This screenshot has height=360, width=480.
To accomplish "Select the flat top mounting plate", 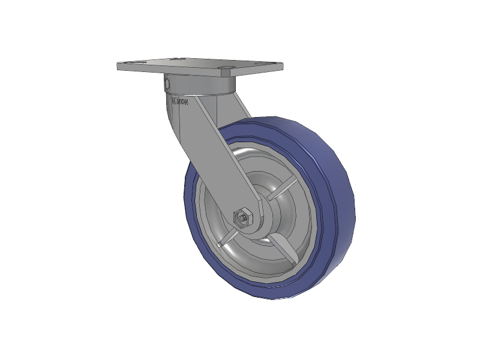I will coord(198,67).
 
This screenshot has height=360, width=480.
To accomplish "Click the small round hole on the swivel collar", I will coord(168,83).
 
